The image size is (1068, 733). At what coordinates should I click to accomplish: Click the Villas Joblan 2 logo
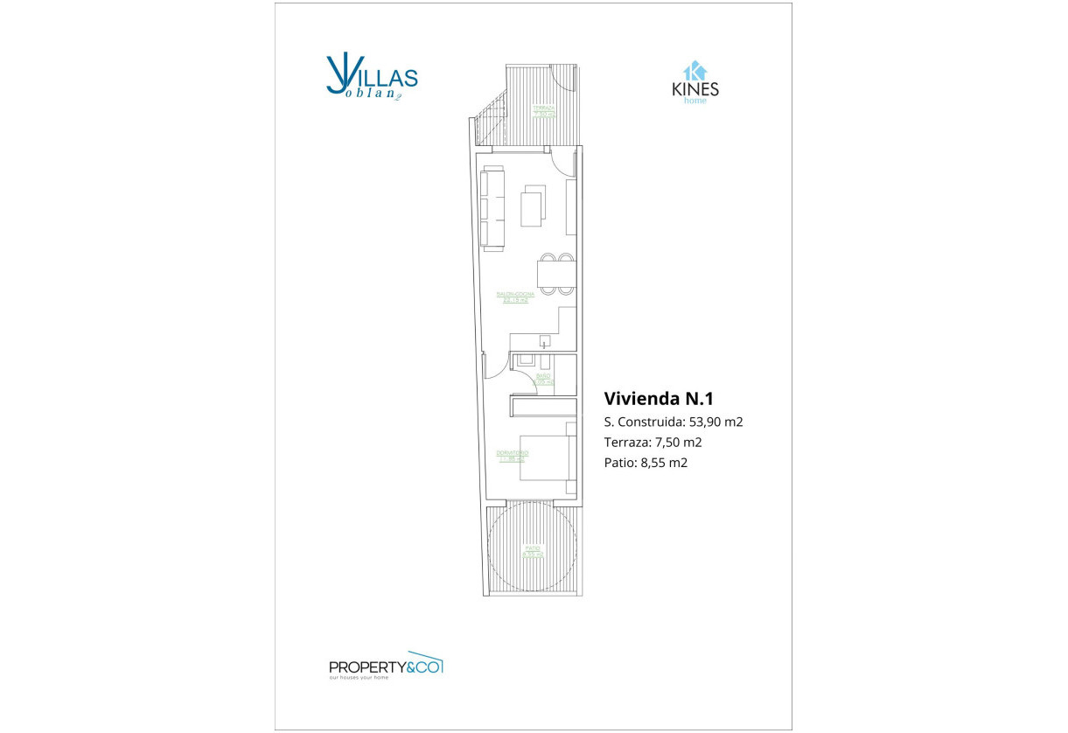(371, 78)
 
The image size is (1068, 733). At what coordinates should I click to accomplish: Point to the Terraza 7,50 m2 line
(653, 443)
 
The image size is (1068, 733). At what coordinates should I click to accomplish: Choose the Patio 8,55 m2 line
(646, 463)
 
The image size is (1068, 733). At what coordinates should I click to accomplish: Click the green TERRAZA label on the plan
(544, 111)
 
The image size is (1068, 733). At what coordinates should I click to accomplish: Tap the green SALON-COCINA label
(515, 297)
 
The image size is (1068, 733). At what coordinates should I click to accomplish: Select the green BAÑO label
(543, 379)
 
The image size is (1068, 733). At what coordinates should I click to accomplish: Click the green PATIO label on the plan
(533, 551)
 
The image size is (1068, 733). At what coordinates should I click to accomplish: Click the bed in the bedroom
(547, 457)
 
